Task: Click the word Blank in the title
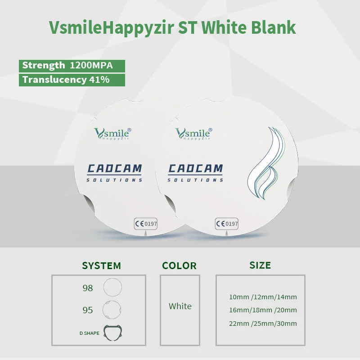273,27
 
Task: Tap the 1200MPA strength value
91,65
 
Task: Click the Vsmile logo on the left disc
112,134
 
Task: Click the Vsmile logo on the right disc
193,134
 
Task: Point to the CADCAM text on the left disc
115,169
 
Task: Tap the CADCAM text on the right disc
196,169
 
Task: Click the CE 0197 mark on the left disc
146,224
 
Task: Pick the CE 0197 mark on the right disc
227,224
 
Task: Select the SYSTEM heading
102,265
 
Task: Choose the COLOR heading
179,265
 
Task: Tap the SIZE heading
260,265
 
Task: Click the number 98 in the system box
88,288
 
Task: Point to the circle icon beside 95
112,310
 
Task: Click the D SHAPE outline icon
113,333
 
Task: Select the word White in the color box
180,306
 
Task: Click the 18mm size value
262,310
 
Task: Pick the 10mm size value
239,297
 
